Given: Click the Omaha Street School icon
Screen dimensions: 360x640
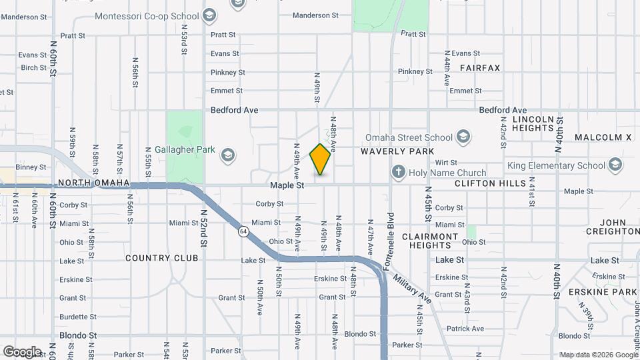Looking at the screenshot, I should [464, 138].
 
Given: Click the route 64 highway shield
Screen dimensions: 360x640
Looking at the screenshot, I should [245, 231].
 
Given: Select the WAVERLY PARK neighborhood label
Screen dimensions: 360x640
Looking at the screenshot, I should [397, 152].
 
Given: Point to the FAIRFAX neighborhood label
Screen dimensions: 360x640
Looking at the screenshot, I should [479, 68].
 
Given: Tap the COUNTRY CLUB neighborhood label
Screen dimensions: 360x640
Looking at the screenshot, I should [162, 258].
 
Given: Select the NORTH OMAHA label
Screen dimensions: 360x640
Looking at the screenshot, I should [93, 183].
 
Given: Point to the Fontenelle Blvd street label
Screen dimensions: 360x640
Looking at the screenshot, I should [391, 233].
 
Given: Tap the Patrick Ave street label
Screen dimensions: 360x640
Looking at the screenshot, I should [465, 329].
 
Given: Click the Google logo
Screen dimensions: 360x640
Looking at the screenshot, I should [22, 352].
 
